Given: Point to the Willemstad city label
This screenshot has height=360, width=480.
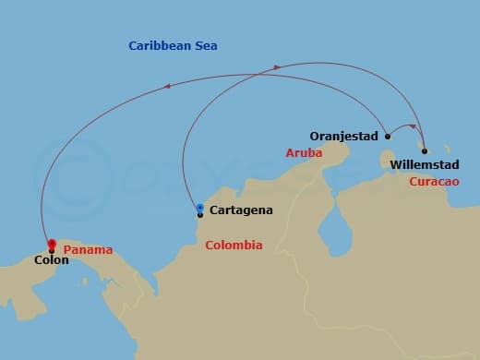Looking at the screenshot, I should click(x=422, y=165).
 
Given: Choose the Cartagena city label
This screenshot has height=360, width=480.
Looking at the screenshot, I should click(x=241, y=210).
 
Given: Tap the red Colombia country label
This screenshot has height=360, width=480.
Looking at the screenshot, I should click(x=234, y=246).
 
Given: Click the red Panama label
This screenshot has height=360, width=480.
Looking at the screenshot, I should click(x=89, y=250).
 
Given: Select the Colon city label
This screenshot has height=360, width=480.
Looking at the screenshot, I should click(x=50, y=261).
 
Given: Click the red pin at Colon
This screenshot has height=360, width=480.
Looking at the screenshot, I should click(x=52, y=243).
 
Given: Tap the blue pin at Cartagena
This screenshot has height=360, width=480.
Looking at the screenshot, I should click(x=200, y=207).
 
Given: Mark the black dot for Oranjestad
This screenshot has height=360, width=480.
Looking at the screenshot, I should click(x=388, y=137).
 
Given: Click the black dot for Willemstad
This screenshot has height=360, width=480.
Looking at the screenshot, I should click(x=424, y=150).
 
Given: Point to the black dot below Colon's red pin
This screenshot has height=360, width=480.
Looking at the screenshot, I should click(x=51, y=249).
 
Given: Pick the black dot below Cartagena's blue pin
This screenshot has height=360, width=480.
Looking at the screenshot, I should click(x=199, y=215).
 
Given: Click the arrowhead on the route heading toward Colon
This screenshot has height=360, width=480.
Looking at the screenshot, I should click(x=167, y=87).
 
